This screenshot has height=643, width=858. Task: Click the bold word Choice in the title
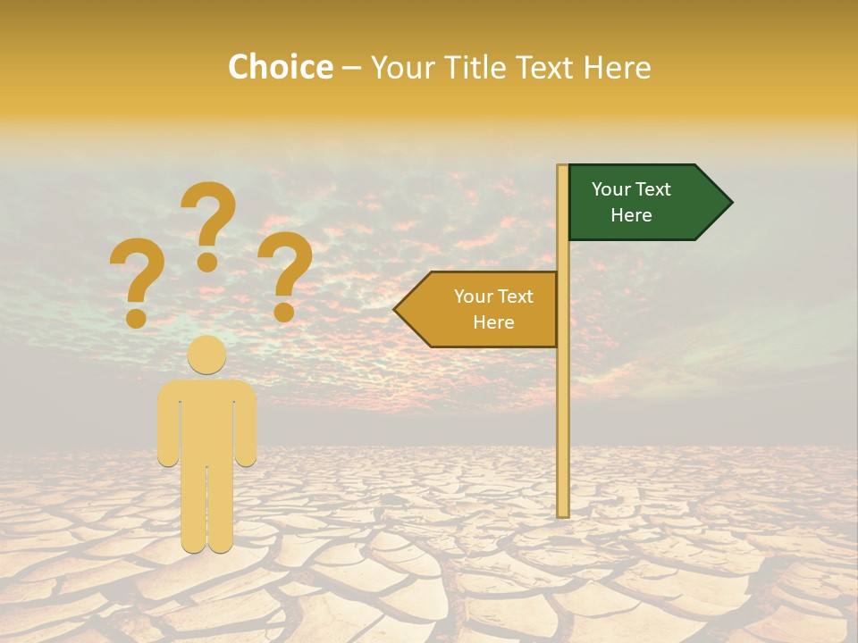pos(280,67)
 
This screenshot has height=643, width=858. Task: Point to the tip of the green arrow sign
pos(730,203)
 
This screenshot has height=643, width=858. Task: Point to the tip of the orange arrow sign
pos(396,310)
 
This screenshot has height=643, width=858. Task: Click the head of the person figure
pos(207,355)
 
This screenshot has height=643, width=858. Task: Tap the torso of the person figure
pos(207,420)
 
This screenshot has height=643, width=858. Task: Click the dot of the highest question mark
pos(207,262)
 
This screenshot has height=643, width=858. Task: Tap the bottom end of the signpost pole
pos(563,514)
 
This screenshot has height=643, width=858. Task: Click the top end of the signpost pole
pos(563,168)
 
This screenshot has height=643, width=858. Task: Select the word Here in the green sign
pos(631,215)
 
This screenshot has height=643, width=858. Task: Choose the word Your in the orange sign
pos(473,296)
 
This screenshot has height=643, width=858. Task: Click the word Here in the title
pos(617,67)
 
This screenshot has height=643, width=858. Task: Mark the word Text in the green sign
pos(654,189)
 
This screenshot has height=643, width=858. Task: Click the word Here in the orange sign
pos(493,322)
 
